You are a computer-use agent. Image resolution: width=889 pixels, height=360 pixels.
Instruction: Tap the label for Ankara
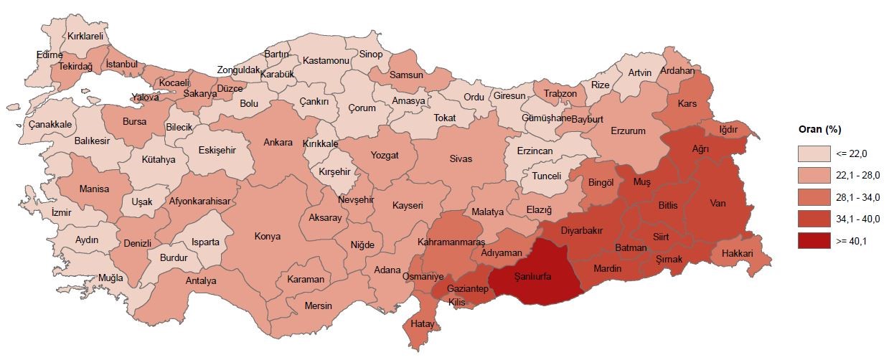point(278,142)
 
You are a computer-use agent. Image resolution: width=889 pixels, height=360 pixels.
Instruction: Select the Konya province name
point(268,237)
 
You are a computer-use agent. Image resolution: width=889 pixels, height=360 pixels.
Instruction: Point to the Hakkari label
point(737,254)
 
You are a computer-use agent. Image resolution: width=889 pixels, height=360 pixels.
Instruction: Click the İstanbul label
point(121,65)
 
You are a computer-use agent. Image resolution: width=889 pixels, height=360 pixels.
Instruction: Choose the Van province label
point(718,204)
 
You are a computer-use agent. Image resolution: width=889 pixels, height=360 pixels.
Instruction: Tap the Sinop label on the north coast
point(371,55)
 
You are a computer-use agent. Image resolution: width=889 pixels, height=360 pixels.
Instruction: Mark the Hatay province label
point(423,325)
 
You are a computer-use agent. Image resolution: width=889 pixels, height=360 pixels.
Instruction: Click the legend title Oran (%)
point(819,130)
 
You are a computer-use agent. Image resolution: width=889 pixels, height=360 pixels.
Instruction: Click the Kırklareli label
point(86,36)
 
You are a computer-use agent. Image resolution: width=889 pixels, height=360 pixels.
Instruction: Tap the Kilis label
point(457,303)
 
